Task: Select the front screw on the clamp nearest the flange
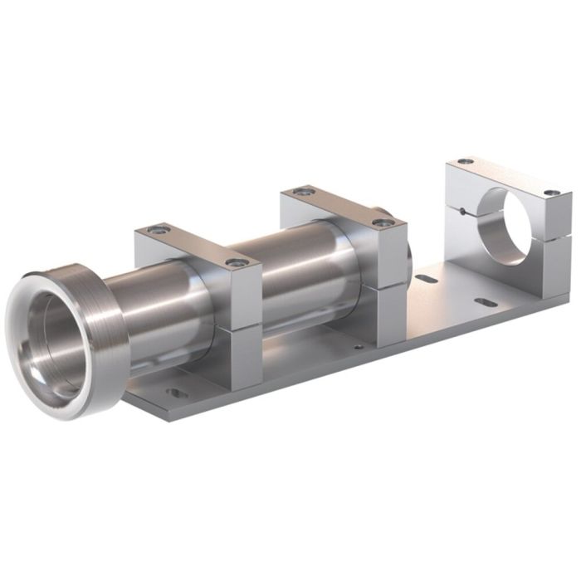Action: click(x=237, y=262)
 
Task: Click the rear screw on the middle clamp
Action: click(x=304, y=192)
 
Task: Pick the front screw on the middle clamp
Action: click(x=382, y=222)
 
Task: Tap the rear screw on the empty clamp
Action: click(x=466, y=161)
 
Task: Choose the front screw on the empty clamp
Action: click(x=552, y=193)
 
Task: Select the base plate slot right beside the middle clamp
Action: click(x=426, y=279)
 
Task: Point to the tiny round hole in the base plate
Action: click(x=359, y=347)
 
